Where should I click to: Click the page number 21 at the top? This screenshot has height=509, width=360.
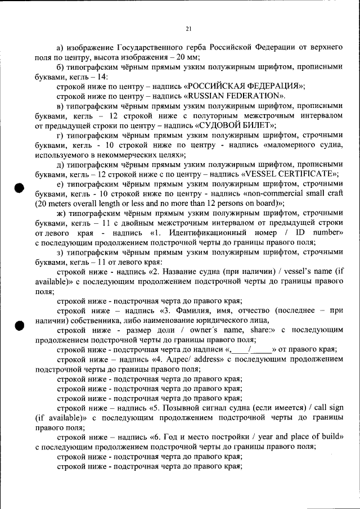point(188,29)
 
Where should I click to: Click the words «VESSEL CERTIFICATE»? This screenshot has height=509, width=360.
point(288,173)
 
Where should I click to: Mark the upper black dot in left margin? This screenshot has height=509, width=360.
point(20,188)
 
